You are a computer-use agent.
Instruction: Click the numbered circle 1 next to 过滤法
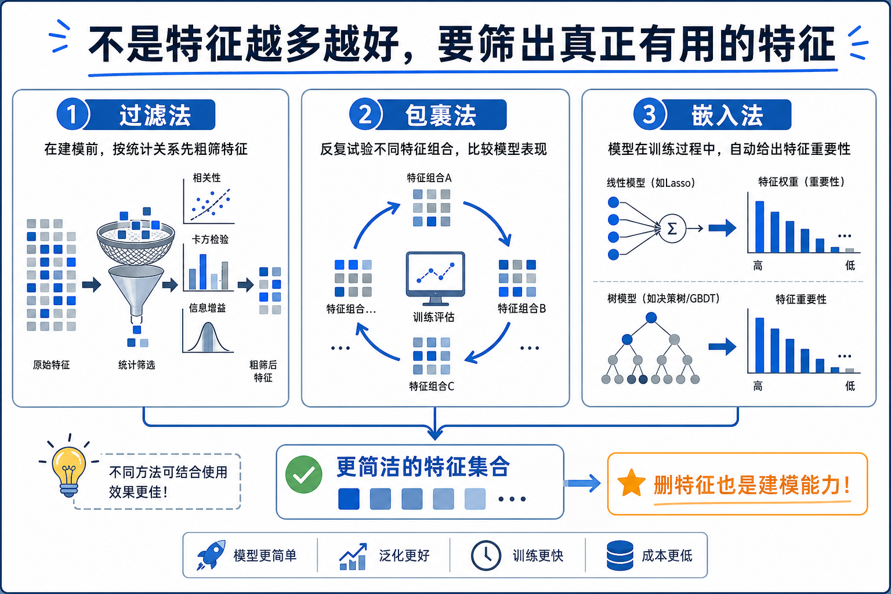point(72,114)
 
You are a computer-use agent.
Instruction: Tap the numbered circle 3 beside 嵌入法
point(649,114)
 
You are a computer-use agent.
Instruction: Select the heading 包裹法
point(441,115)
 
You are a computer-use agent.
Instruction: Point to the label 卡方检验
point(210,239)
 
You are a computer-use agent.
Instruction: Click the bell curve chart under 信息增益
point(208,337)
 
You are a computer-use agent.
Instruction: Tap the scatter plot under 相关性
point(209,204)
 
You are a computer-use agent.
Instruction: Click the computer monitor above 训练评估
point(435,276)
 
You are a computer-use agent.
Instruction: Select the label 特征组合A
point(429,178)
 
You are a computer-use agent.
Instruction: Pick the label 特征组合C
point(431,386)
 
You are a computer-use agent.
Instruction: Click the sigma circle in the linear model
point(672,229)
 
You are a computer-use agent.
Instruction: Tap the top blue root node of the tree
point(651,317)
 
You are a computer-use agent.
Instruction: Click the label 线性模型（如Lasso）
point(650,183)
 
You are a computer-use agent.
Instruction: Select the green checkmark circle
point(303,475)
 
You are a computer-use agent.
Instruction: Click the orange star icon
point(631,484)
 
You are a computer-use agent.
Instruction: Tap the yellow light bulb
point(69,468)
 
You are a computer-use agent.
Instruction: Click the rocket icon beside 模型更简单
point(211,555)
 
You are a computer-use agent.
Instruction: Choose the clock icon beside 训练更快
point(486,555)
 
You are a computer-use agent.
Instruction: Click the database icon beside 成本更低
point(620,555)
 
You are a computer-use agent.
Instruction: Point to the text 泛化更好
point(404,555)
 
